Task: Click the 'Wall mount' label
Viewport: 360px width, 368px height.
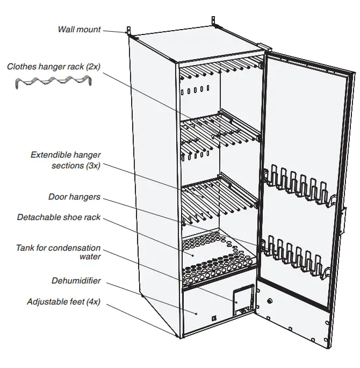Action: point(79,29)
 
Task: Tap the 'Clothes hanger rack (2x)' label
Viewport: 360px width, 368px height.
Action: point(54,67)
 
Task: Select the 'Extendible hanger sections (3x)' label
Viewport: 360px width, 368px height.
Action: point(66,160)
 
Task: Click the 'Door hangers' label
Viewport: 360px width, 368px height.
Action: point(74,197)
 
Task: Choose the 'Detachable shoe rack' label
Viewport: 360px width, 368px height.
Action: point(59,217)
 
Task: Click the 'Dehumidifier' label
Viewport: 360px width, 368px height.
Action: point(76,280)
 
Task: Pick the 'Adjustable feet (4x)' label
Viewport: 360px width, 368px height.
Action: point(63,302)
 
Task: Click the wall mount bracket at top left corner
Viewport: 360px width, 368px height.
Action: point(128,30)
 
